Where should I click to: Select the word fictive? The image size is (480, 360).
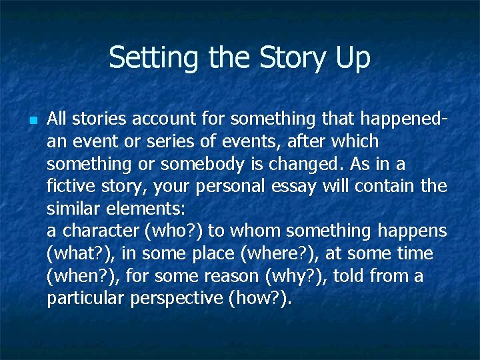pyautogui.click(x=70, y=187)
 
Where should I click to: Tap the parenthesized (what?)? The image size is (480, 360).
pyautogui.click(x=76, y=254)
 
